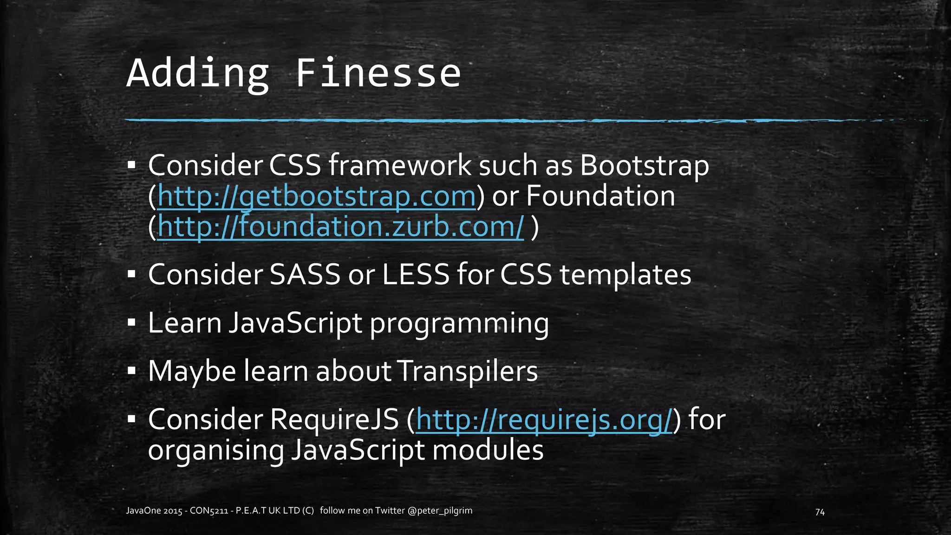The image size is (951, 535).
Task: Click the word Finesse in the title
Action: click(x=378, y=73)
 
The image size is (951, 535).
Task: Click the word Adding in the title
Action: click(x=198, y=73)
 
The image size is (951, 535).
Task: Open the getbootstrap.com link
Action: click(x=317, y=196)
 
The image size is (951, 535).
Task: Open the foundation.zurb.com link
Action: click(x=340, y=227)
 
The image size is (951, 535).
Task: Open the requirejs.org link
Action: click(x=544, y=420)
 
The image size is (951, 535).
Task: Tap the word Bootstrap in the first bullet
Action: click(x=645, y=166)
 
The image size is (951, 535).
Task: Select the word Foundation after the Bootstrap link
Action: click(x=600, y=196)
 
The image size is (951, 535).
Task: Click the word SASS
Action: click(x=305, y=275)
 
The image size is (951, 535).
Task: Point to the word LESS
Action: click(x=416, y=275)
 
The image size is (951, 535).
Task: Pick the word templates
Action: click(x=625, y=275)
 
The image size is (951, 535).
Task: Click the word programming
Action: click(x=459, y=324)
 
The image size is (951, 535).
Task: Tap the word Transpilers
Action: click(x=468, y=372)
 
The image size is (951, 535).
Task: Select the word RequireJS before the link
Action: click(x=334, y=420)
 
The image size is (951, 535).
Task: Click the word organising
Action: click(x=215, y=450)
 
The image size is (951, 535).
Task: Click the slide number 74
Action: click(x=820, y=512)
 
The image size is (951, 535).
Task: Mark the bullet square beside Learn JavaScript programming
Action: click(x=131, y=322)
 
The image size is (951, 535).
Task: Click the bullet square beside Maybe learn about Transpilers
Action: click(x=131, y=371)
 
